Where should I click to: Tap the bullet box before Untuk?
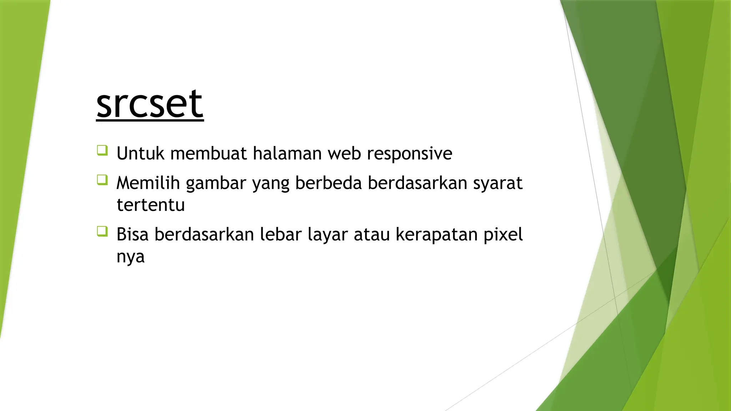click(x=102, y=150)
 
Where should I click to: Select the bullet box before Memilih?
click(x=102, y=180)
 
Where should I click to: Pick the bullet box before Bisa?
click(x=102, y=231)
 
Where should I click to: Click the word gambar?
click(x=216, y=184)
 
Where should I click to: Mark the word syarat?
click(x=498, y=184)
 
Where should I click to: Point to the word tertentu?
click(x=151, y=205)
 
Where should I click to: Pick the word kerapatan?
click(x=437, y=235)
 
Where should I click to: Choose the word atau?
click(x=372, y=235)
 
